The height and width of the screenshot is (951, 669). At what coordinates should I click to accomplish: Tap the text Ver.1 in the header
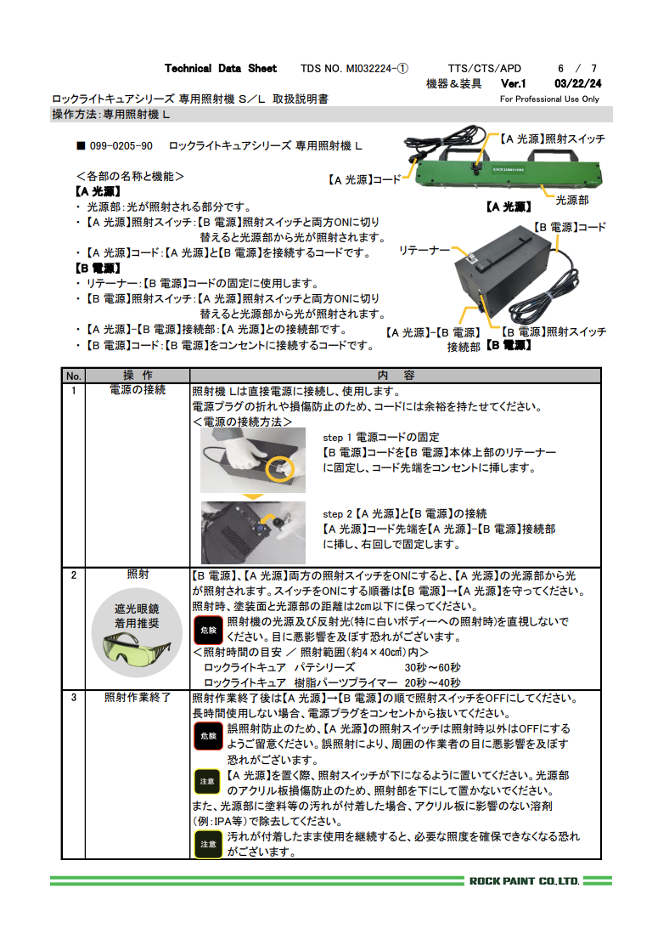(514, 84)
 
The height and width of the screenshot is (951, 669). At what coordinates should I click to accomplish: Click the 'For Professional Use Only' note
(549, 99)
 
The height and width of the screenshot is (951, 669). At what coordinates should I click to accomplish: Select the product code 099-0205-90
(121, 146)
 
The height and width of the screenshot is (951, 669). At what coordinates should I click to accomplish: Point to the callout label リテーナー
(424, 251)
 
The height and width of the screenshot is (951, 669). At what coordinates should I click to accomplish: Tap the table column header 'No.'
(74, 376)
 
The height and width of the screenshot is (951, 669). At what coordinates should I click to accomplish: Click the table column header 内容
(396, 376)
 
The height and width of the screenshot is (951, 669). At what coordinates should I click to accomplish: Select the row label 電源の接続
(138, 390)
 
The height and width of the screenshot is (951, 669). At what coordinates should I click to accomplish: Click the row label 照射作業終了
(138, 698)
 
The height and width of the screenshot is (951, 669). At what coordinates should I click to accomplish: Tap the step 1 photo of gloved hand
(252, 460)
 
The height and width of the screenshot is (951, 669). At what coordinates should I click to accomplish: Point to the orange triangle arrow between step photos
(251, 497)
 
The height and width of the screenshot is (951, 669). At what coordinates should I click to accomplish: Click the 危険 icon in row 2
(208, 630)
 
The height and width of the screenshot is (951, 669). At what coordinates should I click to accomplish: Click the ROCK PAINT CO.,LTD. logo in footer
(524, 880)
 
